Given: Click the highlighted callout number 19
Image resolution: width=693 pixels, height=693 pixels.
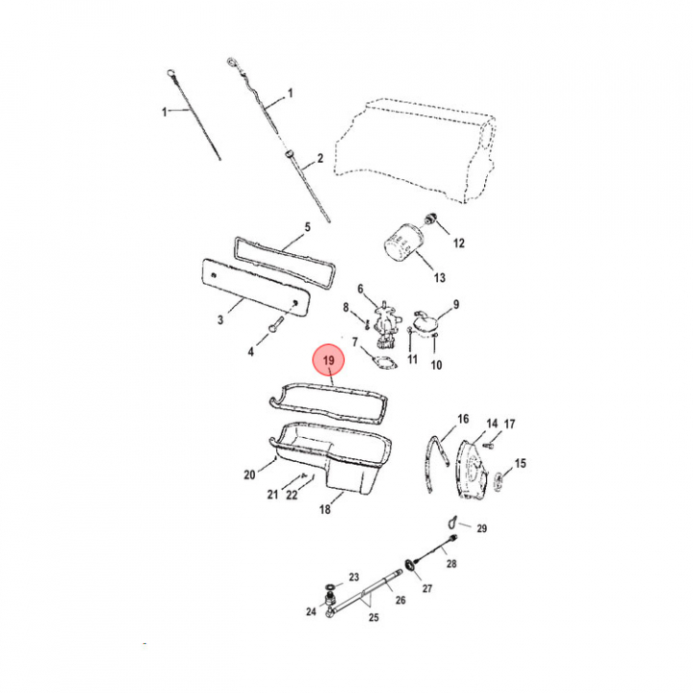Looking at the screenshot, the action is (328, 361).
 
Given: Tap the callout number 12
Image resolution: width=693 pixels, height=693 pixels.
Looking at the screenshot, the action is (459, 244).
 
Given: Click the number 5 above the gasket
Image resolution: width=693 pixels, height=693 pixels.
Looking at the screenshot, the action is (308, 227).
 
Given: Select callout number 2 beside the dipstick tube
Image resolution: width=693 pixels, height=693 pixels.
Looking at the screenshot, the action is (320, 158).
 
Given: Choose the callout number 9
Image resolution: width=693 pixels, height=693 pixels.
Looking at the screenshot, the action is (456, 304).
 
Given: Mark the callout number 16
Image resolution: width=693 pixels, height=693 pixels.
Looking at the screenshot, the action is (463, 419).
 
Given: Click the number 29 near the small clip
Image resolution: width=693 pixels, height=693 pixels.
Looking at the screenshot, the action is (482, 528).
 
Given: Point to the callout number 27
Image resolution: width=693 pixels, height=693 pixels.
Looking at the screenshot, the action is (427, 588).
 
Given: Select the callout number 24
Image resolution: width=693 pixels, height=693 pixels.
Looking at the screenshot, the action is (311, 611).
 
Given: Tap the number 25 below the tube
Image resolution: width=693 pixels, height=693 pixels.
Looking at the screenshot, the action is (373, 617).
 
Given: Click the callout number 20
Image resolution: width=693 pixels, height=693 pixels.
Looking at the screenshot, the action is (249, 475).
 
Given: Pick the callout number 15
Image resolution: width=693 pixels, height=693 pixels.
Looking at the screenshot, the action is (520, 463).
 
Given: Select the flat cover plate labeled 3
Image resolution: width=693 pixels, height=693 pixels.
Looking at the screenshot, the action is (255, 287).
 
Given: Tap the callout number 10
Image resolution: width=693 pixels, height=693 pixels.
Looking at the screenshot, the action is (436, 365).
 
